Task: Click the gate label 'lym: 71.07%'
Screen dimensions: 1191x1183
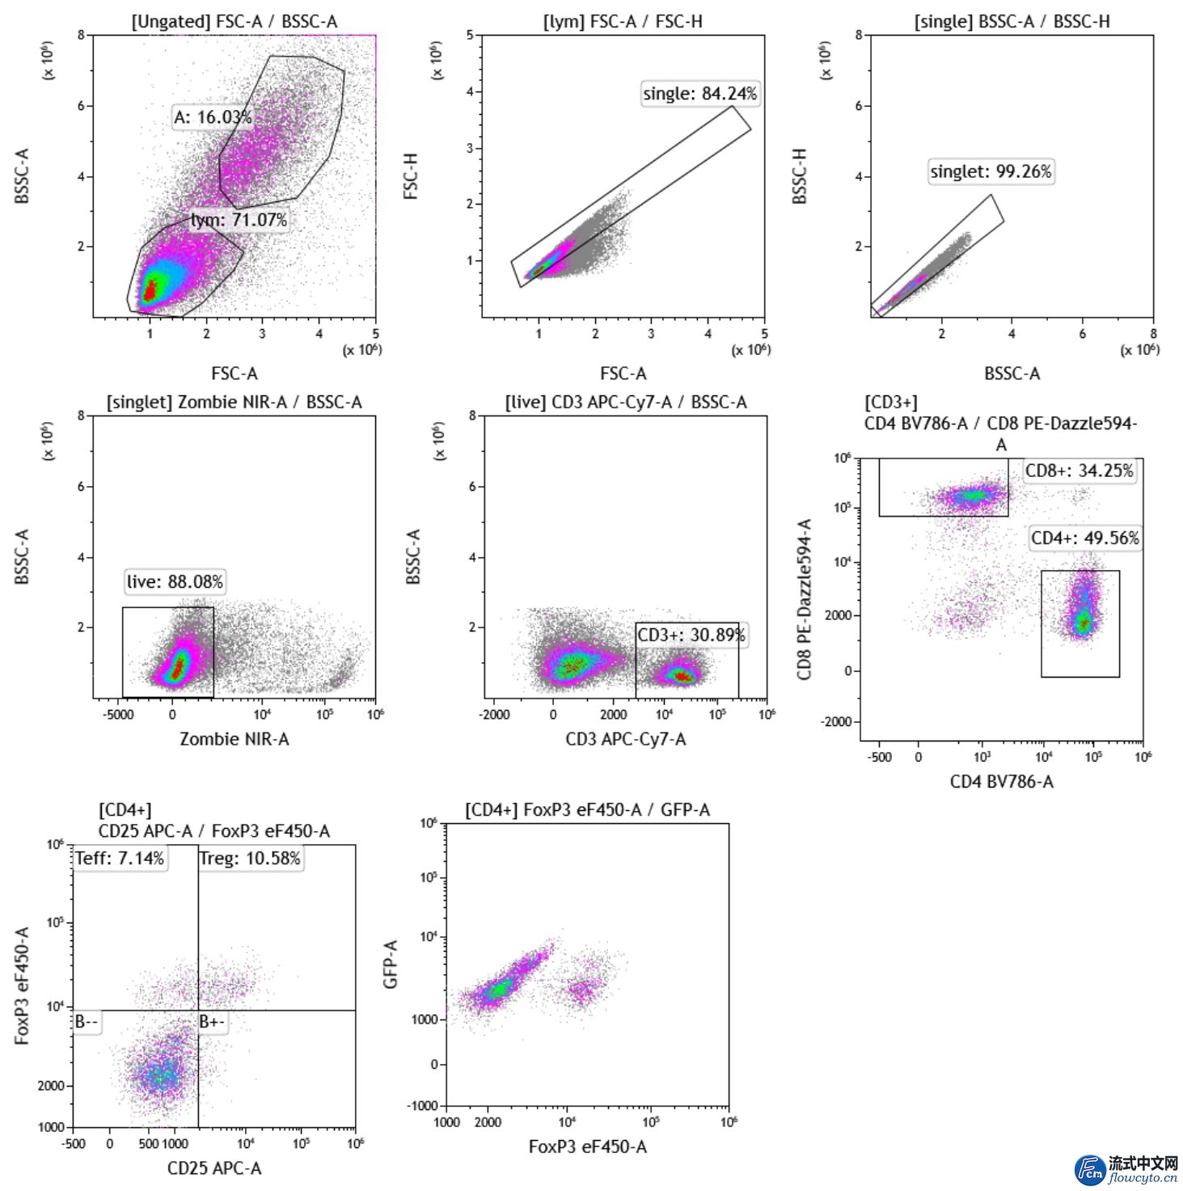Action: click(x=239, y=220)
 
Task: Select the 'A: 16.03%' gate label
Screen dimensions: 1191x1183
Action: click(x=213, y=117)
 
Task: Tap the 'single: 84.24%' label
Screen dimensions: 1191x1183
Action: click(x=699, y=94)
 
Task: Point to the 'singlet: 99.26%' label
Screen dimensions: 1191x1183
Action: click(x=991, y=171)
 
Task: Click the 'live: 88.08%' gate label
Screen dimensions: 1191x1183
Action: click(x=175, y=581)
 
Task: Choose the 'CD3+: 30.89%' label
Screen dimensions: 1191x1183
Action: click(x=691, y=635)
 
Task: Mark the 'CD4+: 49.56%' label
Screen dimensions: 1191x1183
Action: click(x=1084, y=538)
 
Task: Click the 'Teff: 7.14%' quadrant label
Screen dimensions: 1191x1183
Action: click(x=120, y=858)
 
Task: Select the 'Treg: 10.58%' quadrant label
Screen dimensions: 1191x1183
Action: click(x=250, y=858)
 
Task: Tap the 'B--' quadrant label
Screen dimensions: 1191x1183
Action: click(x=87, y=1022)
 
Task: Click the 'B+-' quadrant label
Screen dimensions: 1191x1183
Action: click(x=212, y=1022)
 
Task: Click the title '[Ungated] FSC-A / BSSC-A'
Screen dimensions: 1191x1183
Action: click(x=234, y=22)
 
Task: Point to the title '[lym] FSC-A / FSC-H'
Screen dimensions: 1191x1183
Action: click(x=623, y=22)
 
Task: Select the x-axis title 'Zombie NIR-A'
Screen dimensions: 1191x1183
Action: click(x=234, y=739)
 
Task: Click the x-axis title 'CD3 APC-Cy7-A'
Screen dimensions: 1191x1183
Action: click(x=625, y=739)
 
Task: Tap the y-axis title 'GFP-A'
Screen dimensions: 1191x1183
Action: click(x=391, y=964)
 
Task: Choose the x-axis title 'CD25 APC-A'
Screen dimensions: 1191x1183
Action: click(x=214, y=1168)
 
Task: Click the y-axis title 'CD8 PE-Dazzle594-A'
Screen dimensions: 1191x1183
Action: click(x=804, y=599)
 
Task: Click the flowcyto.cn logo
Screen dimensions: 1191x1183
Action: click(x=1126, y=1170)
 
